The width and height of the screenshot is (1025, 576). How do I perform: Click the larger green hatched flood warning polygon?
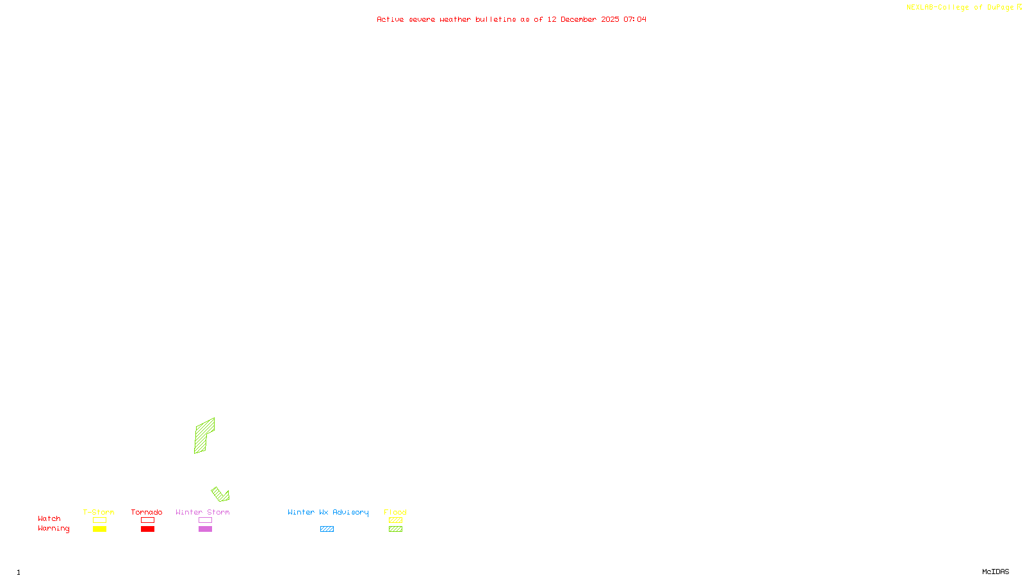204,435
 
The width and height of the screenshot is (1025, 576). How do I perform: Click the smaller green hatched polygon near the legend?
220,494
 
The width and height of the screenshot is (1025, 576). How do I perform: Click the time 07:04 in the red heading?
634,19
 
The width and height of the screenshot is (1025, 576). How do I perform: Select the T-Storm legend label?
99,512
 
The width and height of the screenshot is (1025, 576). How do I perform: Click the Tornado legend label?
147,512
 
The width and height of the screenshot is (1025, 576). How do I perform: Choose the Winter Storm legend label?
202,512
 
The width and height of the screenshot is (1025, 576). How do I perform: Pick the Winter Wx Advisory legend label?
328,512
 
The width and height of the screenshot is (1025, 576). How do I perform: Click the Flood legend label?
395,512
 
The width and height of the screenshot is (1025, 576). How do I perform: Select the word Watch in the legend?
49,518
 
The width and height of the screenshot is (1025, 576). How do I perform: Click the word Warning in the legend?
53,529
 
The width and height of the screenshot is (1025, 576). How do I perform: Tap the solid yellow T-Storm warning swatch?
99,529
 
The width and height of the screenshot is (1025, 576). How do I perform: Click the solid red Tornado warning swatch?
147,529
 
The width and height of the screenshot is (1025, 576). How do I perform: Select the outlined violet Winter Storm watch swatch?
205,520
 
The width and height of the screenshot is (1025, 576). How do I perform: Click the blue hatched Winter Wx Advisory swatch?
327,529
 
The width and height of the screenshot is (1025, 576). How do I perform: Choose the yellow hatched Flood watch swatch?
395,520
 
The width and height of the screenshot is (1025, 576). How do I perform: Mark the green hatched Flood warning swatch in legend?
395,529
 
